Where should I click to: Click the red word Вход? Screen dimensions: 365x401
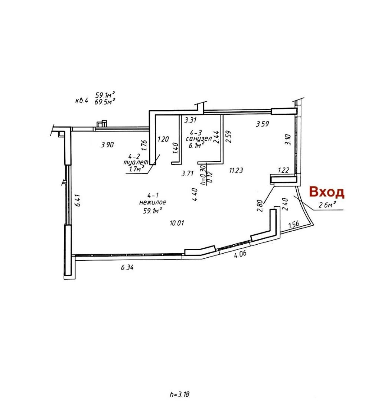tap(327, 192)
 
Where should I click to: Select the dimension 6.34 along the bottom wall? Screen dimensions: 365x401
tap(127, 267)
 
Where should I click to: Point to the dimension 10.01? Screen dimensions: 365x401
tap(177, 223)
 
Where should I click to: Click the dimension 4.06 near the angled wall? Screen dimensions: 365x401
tap(240, 254)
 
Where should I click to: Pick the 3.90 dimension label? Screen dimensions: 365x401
tap(107, 145)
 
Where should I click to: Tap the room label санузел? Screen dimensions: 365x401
tap(199, 139)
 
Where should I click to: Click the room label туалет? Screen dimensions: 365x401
tap(136, 162)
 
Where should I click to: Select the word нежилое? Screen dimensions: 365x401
tap(153, 202)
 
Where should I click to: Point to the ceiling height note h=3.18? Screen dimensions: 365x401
tap(180, 394)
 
